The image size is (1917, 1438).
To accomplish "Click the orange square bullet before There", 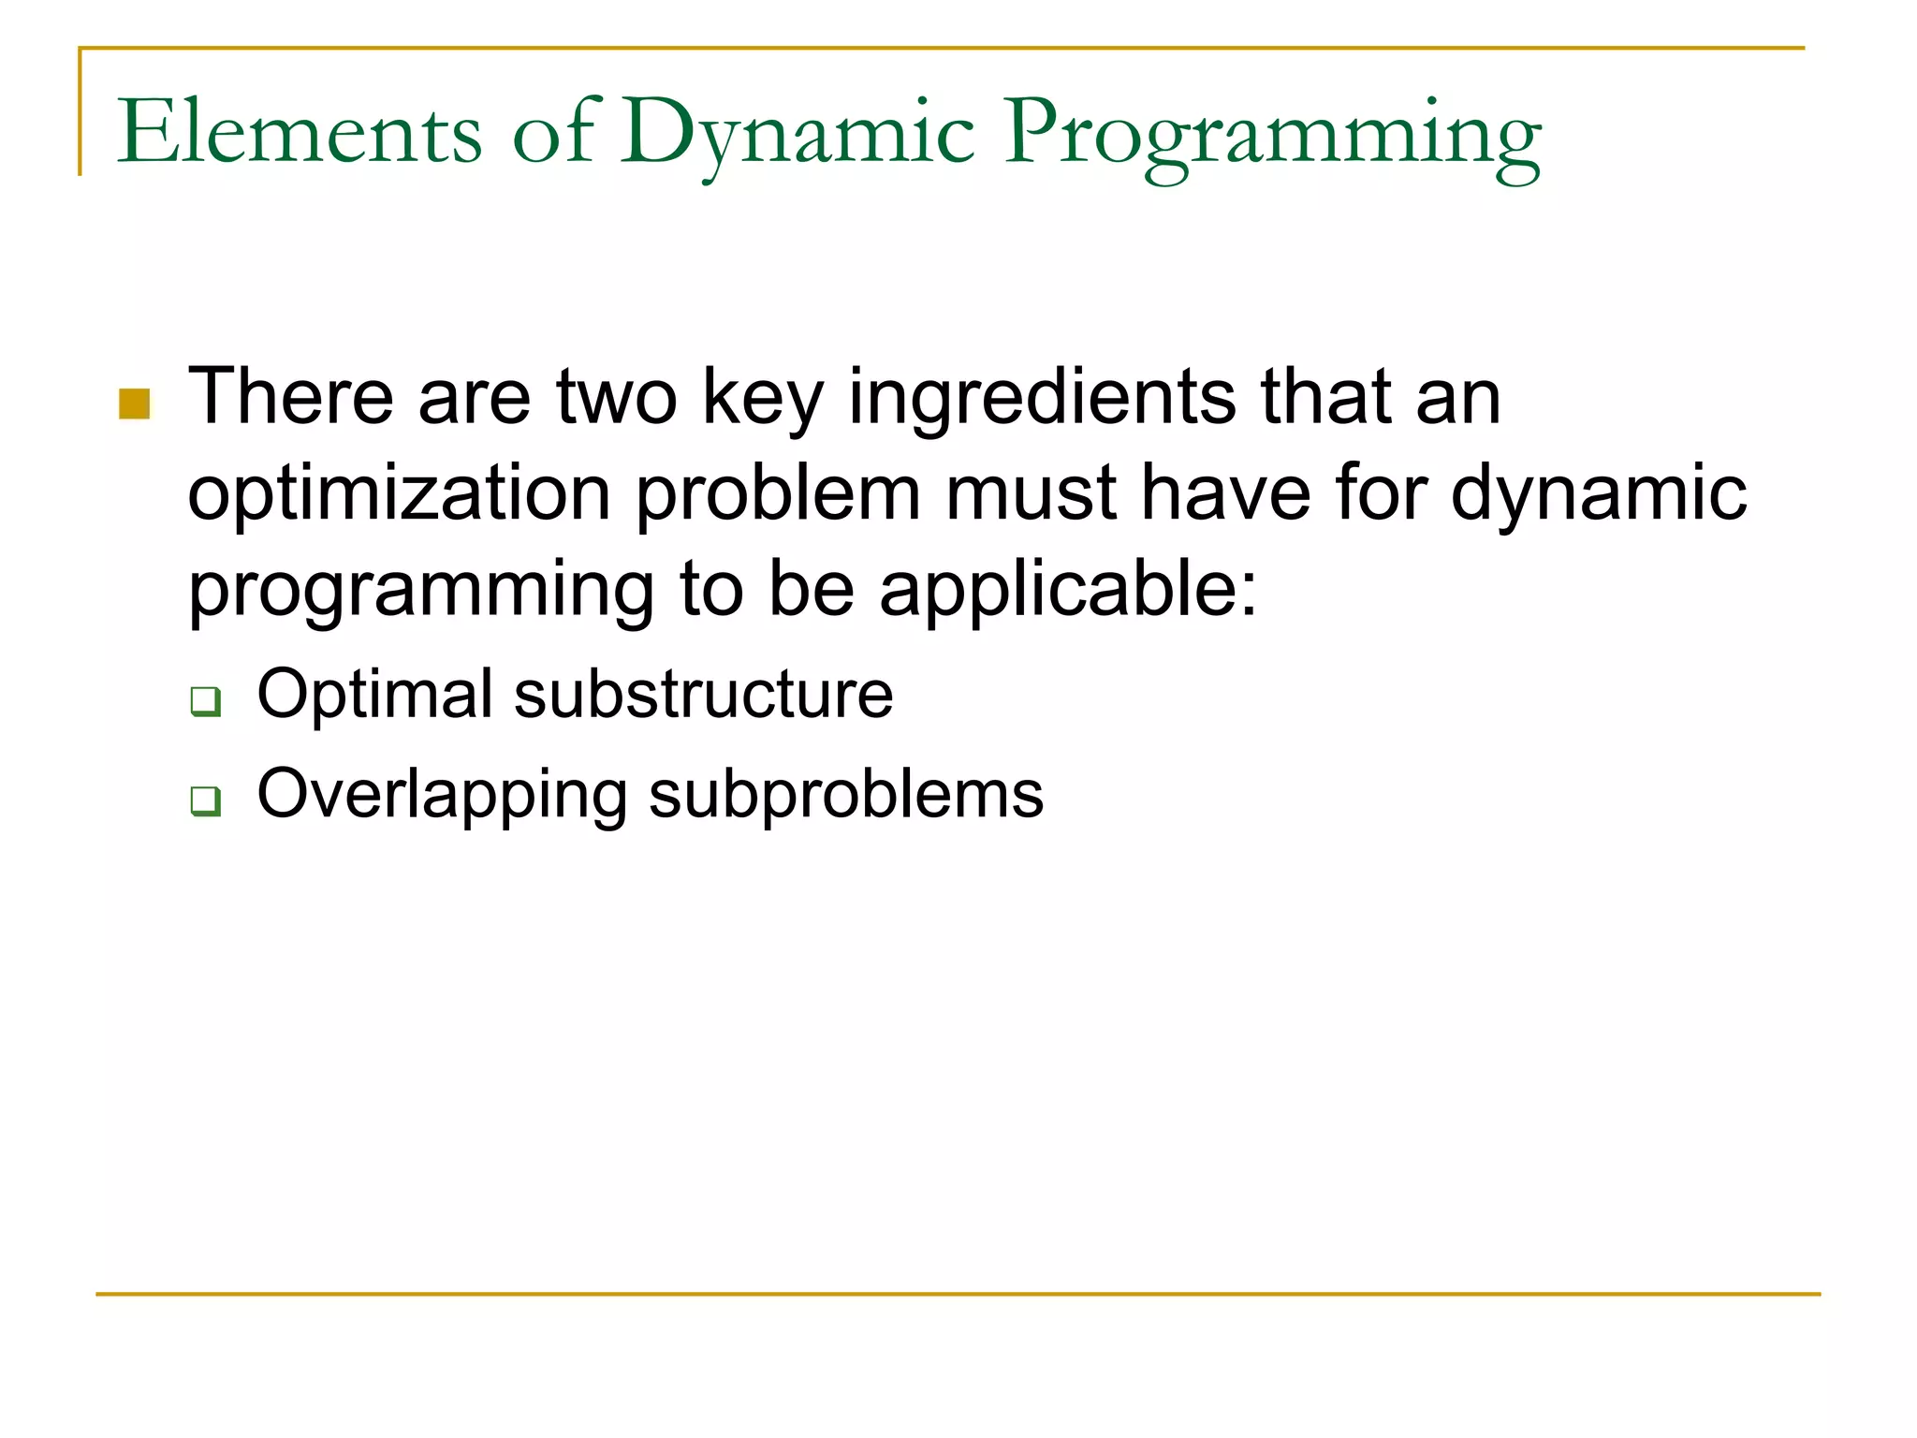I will coord(135,404).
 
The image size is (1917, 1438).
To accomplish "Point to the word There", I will coord(290,397).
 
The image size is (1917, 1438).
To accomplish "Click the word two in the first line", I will coord(617,397).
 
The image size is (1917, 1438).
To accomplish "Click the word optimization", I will coord(400,494).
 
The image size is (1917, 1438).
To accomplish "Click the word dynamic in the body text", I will coord(1599,494).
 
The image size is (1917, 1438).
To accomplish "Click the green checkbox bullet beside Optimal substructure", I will coord(205,701).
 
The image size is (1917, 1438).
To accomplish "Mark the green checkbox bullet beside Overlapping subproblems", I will coord(205,801).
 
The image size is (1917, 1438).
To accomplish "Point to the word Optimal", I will coord(374,695).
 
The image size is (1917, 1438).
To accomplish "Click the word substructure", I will coord(704,695).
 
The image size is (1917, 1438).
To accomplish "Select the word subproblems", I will coord(846,796).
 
